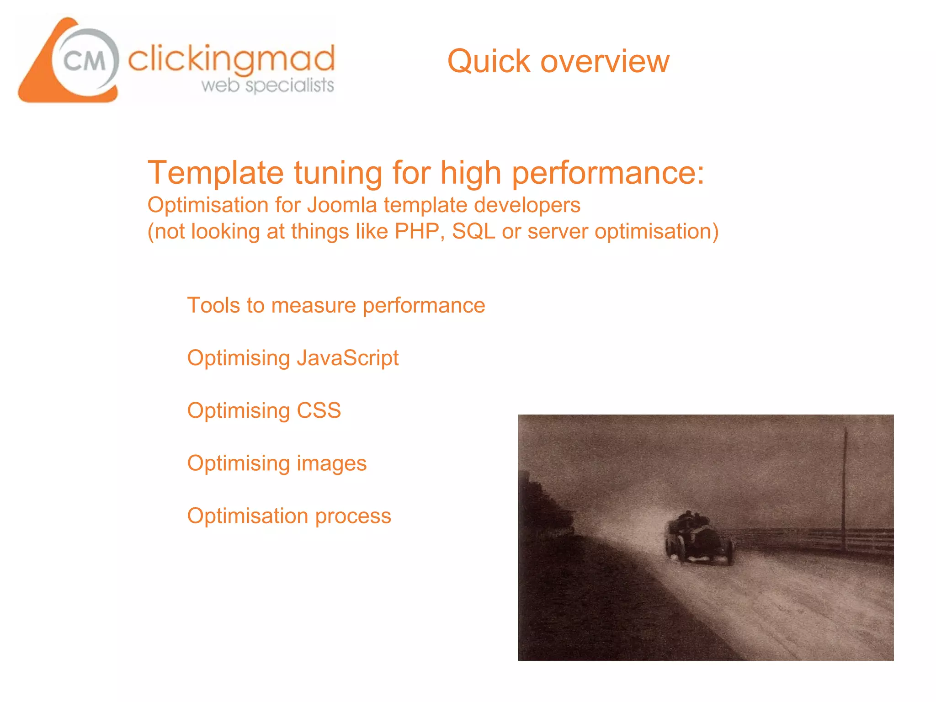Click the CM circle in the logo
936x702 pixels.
click(x=85, y=61)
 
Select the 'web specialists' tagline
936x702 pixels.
click(x=268, y=85)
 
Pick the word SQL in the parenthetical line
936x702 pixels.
click(x=473, y=231)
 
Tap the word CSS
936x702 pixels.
click(x=319, y=410)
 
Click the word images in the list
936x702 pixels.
click(x=332, y=463)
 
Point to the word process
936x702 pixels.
click(x=353, y=516)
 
